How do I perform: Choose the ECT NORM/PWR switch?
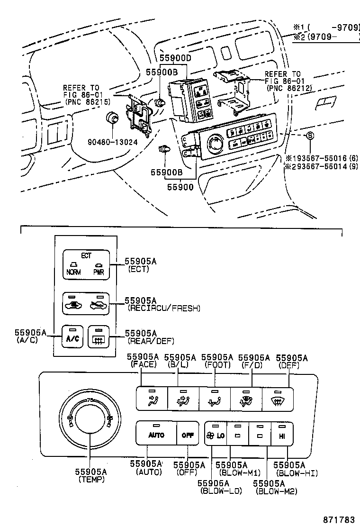click(86, 264)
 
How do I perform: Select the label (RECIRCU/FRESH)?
click(164, 308)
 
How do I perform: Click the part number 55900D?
click(175, 58)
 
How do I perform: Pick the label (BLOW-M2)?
click(277, 491)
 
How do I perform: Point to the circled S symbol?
click(310, 136)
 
